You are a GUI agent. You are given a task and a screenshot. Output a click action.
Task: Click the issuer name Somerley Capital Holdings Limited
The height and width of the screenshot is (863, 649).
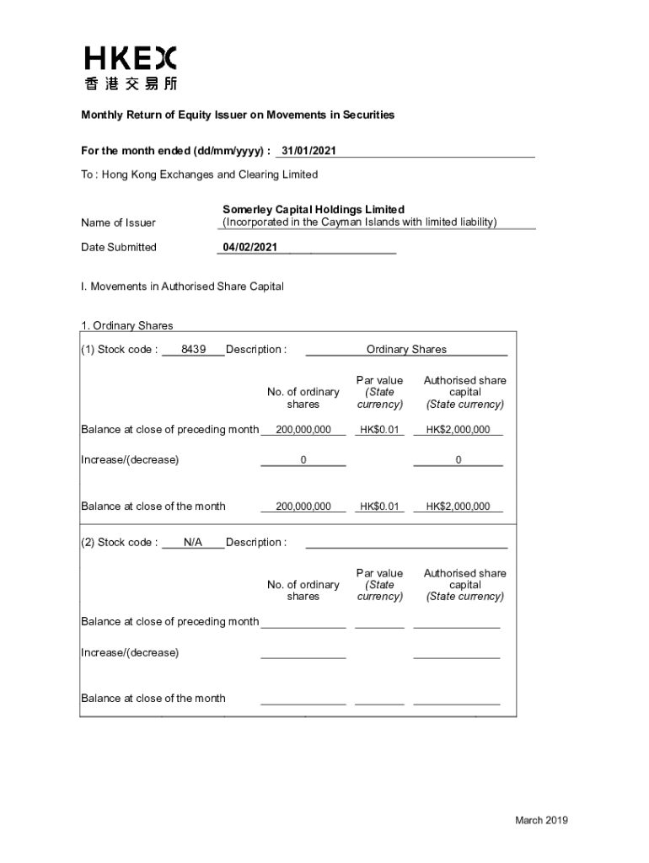[x=314, y=209]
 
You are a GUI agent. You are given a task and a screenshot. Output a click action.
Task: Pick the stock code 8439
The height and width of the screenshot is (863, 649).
[x=193, y=350]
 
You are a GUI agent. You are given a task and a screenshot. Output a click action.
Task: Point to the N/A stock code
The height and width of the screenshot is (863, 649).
[x=193, y=543]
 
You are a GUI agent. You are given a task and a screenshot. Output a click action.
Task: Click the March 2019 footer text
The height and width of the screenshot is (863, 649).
[x=542, y=821]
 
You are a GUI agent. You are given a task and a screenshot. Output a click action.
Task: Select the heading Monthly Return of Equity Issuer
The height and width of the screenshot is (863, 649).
[x=238, y=115]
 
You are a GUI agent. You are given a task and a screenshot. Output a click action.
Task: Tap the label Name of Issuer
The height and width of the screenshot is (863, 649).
[x=118, y=223]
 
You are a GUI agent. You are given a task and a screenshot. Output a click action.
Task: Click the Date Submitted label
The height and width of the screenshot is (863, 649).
[x=119, y=247]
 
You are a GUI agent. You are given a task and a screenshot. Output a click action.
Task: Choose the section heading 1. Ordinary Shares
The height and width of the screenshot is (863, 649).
[x=127, y=325]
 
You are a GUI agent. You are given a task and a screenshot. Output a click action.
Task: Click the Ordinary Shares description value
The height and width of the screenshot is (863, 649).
[x=406, y=350]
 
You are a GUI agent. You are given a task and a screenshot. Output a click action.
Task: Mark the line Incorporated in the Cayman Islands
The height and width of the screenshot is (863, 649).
[x=359, y=222]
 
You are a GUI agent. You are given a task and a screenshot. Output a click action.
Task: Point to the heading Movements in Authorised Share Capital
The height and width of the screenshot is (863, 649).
[x=182, y=287]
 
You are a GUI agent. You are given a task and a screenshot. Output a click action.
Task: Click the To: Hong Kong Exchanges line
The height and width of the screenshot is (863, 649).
[x=200, y=174]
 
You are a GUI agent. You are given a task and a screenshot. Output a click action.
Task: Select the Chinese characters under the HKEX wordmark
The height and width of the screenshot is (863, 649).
[x=131, y=83]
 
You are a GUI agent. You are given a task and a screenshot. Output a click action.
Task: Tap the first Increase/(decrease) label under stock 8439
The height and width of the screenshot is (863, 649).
[x=130, y=460]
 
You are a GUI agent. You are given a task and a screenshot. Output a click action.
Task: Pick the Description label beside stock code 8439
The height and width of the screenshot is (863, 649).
[x=255, y=350]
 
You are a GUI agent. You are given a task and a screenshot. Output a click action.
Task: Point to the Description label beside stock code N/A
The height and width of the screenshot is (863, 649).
[x=255, y=543]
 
